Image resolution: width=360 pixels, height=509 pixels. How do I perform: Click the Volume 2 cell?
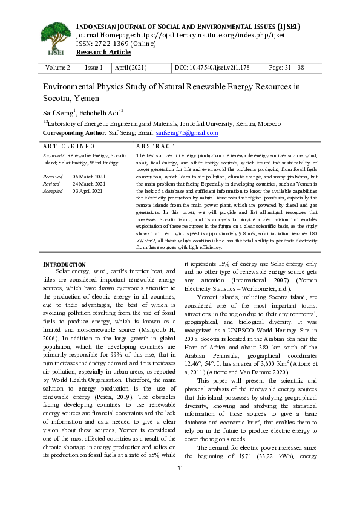58,68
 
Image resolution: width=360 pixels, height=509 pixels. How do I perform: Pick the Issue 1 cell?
94,68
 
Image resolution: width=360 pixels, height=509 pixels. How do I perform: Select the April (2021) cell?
130,68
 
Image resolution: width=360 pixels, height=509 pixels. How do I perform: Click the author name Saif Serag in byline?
57,112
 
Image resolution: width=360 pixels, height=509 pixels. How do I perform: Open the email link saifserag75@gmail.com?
186,133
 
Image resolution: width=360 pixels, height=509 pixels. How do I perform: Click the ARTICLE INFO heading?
68,146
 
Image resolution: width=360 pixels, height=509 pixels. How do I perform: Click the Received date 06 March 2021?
88,176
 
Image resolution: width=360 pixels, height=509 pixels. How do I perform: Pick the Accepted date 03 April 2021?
88,190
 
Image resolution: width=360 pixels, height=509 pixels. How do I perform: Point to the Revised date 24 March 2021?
88,183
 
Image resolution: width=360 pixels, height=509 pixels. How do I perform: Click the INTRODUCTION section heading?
64,264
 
